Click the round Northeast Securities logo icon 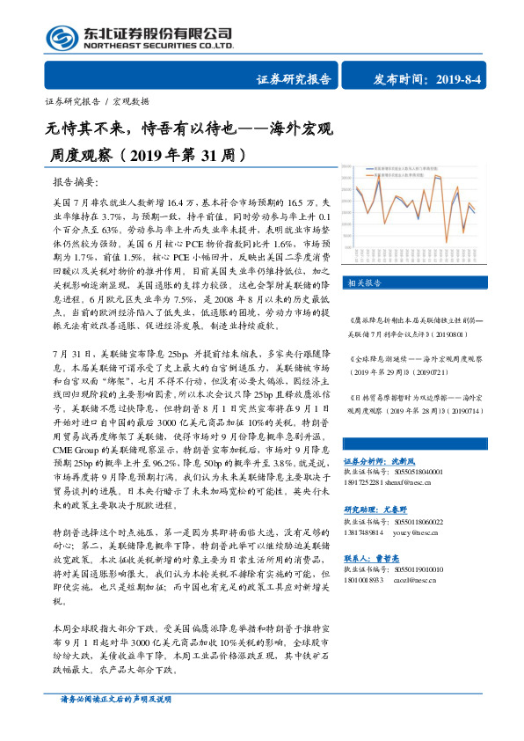click(60, 38)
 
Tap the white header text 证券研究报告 click(294, 79)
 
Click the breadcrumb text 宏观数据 click(133, 101)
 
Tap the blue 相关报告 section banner click(364, 282)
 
